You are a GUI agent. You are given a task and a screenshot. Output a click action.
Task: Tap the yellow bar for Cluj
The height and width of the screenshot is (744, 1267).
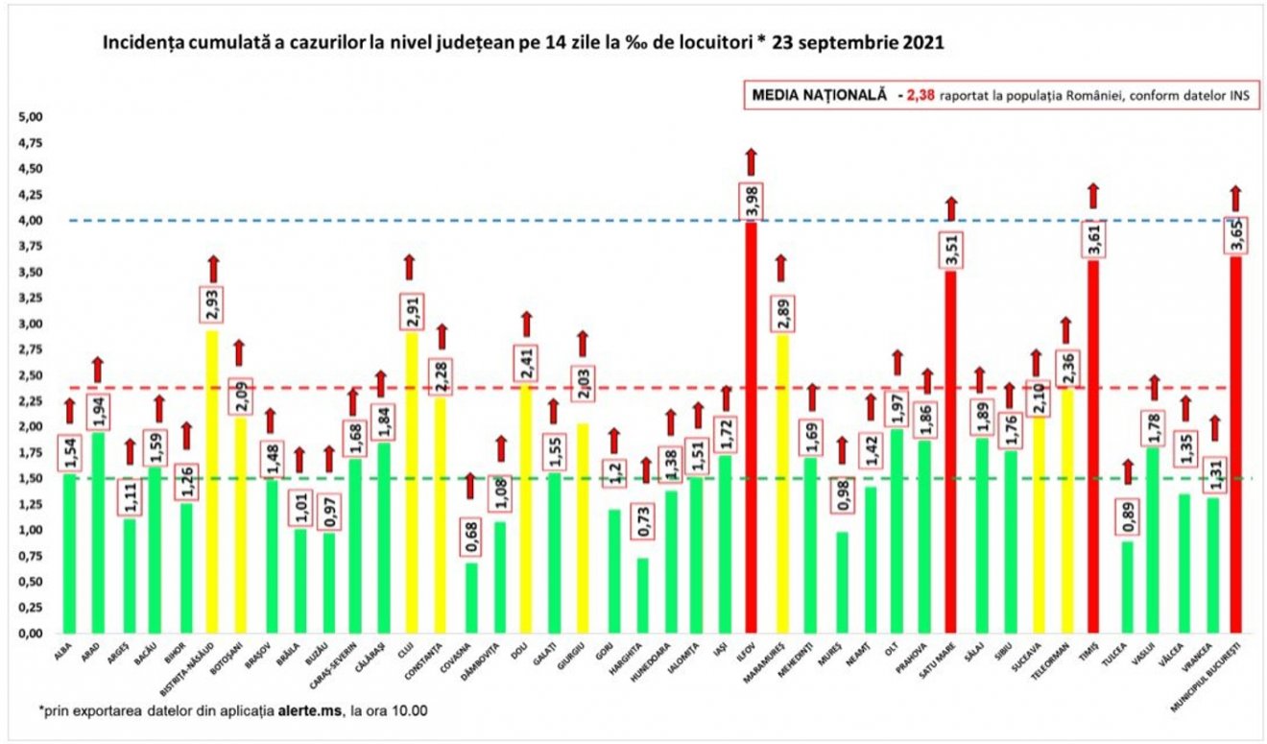tap(411, 480)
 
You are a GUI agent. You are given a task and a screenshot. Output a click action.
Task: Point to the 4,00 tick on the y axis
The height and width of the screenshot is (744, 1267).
tap(32, 221)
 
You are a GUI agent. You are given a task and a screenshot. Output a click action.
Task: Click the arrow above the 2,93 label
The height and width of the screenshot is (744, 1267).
tap(213, 270)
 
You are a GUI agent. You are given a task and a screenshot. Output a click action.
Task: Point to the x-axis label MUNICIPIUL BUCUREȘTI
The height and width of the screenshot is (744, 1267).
tap(1219, 672)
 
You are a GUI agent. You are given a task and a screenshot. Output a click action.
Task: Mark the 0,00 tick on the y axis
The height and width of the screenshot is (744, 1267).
tap(32, 634)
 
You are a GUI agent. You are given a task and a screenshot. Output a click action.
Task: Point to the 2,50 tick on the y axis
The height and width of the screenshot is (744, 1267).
tap(32, 375)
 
